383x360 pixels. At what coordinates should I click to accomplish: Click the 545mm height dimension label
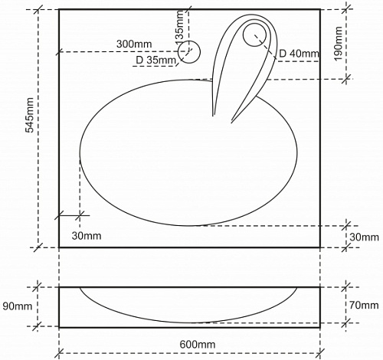click(30, 115)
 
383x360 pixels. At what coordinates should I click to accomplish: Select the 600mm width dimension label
click(198, 345)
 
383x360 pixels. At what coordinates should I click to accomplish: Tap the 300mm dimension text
click(134, 44)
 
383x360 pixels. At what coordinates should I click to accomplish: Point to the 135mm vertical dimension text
click(179, 25)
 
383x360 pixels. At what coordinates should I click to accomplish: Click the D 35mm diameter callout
click(155, 61)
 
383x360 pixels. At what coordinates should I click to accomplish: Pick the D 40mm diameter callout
click(299, 54)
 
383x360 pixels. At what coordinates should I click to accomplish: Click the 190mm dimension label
click(339, 44)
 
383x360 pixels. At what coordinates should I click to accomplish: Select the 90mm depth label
click(18, 306)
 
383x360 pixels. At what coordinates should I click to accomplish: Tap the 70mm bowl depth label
click(364, 305)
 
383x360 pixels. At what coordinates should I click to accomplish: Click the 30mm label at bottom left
click(87, 236)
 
